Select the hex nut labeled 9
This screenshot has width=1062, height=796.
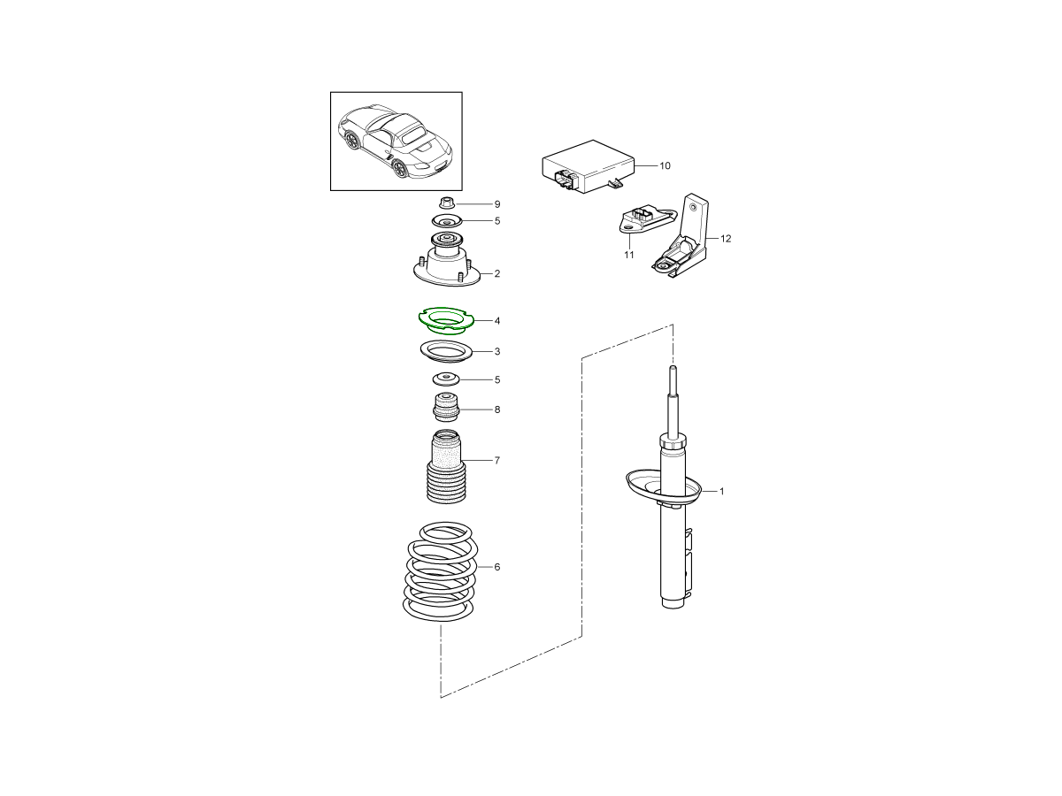click(447, 203)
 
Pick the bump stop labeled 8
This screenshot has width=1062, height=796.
click(446, 408)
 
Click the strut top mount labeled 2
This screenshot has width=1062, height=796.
click(447, 261)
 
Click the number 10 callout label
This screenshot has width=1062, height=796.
click(665, 165)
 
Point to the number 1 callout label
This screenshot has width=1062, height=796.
click(722, 492)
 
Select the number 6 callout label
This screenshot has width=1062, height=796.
click(496, 567)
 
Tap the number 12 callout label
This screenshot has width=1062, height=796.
click(726, 239)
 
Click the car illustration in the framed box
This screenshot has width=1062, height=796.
click(396, 142)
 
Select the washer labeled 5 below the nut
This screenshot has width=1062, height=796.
click(447, 222)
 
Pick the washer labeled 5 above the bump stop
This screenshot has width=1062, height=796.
click(446, 379)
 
